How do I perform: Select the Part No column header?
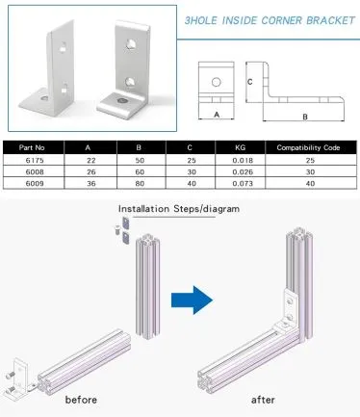[x=32, y=147]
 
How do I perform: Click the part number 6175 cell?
[x=35, y=160]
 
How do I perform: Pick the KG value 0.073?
[x=243, y=184]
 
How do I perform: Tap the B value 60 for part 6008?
[x=140, y=172]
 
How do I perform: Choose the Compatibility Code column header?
[x=308, y=147]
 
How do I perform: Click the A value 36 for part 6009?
[x=91, y=184]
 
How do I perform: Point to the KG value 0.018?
[x=243, y=160]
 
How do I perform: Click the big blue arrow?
[x=192, y=300]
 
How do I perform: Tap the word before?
[x=81, y=400]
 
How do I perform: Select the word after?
[x=263, y=400]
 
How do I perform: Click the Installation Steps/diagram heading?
[x=179, y=209]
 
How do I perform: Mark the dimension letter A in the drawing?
[x=217, y=115]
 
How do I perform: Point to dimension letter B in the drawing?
[x=305, y=117]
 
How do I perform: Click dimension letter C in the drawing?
[x=250, y=82]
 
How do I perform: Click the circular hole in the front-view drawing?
[x=217, y=83]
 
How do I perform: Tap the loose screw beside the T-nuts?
[x=117, y=230]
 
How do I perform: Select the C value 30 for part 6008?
[x=192, y=172]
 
